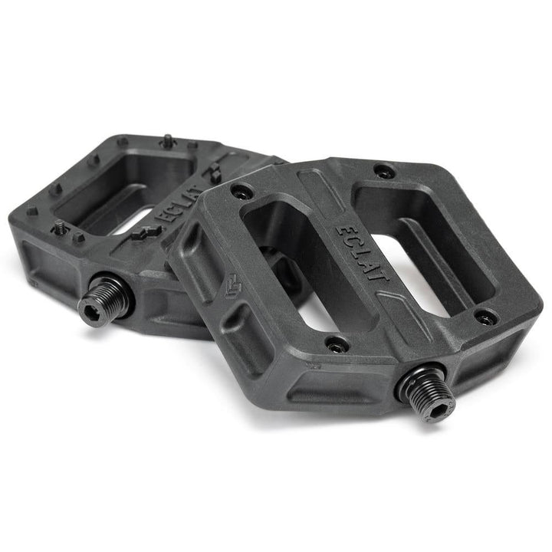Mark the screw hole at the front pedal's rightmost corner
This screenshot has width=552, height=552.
pyautogui.click(x=485, y=315)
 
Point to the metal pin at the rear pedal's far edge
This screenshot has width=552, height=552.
pyautogui.click(x=166, y=140)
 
